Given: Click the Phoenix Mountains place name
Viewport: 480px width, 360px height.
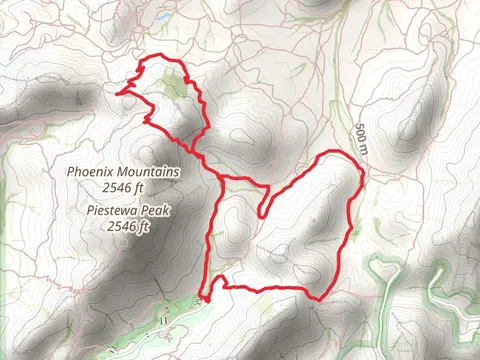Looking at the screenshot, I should tap(123, 172).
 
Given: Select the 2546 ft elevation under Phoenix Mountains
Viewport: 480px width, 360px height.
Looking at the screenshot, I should tap(126, 186).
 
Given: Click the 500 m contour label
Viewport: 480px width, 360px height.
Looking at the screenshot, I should tap(361, 138).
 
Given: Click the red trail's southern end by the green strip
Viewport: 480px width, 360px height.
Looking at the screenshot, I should tap(204, 297).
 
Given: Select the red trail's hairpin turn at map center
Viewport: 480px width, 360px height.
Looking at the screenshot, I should tap(262, 212).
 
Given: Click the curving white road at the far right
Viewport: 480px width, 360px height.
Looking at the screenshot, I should tap(440, 290).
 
